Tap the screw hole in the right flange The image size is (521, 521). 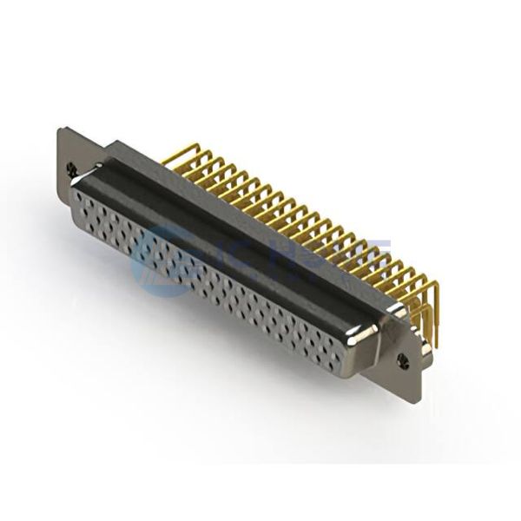click(402, 357)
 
